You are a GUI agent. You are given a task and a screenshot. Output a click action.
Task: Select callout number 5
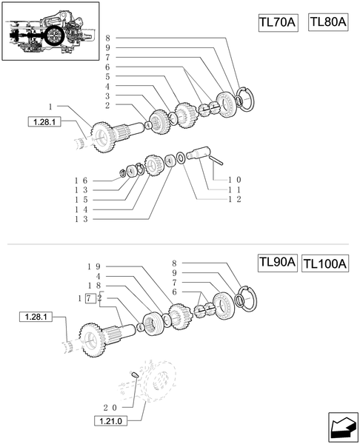click(107, 76)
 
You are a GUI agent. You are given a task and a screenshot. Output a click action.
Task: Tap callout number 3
click(107, 95)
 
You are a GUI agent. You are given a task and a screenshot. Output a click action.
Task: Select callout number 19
click(93, 266)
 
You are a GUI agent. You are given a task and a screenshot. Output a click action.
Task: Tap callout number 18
click(93, 286)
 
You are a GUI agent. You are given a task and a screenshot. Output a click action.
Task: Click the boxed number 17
click(89, 297)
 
